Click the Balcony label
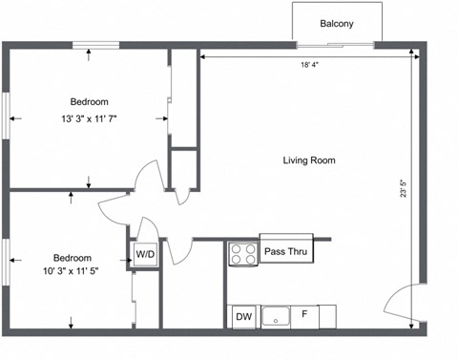[337, 24]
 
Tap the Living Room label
[309, 160]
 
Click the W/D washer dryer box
[145, 254]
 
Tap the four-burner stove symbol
[242, 254]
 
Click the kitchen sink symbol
[277, 315]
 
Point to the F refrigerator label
[305, 314]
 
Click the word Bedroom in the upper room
[89, 102]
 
